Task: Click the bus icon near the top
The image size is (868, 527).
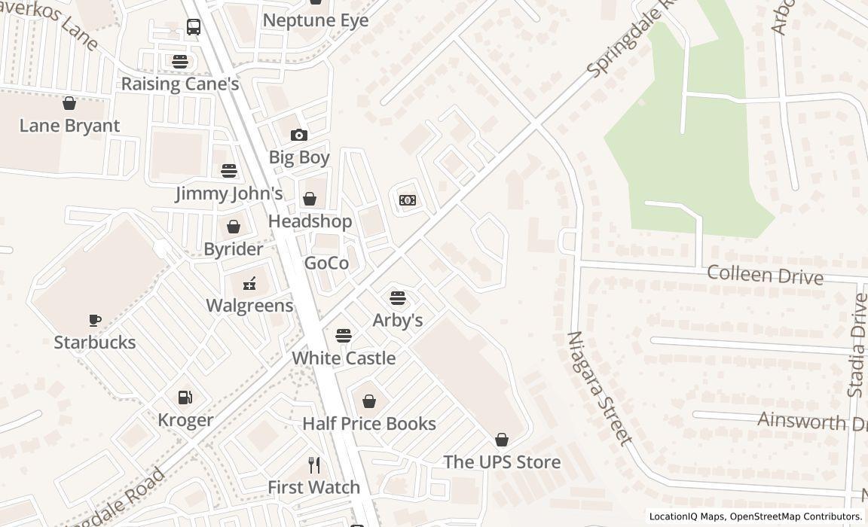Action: point(194,28)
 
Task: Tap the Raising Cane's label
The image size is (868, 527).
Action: point(180,84)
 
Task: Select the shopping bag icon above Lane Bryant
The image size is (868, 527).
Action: point(69,103)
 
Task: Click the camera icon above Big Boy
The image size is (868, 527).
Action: point(299,135)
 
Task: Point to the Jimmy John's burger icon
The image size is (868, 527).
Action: point(229,171)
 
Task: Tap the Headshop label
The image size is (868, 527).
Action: point(310,221)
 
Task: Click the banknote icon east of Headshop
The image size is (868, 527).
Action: point(408,200)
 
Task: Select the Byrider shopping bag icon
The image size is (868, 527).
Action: point(234,227)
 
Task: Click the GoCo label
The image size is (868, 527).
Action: point(326,263)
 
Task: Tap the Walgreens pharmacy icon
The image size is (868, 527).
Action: point(249,284)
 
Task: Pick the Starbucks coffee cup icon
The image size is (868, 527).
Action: point(95,320)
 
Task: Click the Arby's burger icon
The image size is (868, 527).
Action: point(398,298)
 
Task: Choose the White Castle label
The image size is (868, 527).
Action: point(344,358)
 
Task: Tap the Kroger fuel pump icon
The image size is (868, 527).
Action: point(185,398)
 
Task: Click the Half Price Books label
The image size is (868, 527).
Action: point(369,424)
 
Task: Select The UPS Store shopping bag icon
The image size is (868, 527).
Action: point(502,440)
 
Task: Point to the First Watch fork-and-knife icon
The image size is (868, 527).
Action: point(314,465)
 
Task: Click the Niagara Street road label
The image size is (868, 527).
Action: point(598,388)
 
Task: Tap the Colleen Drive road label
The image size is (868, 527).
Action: point(765,274)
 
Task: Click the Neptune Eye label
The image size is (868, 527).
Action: point(316,20)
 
